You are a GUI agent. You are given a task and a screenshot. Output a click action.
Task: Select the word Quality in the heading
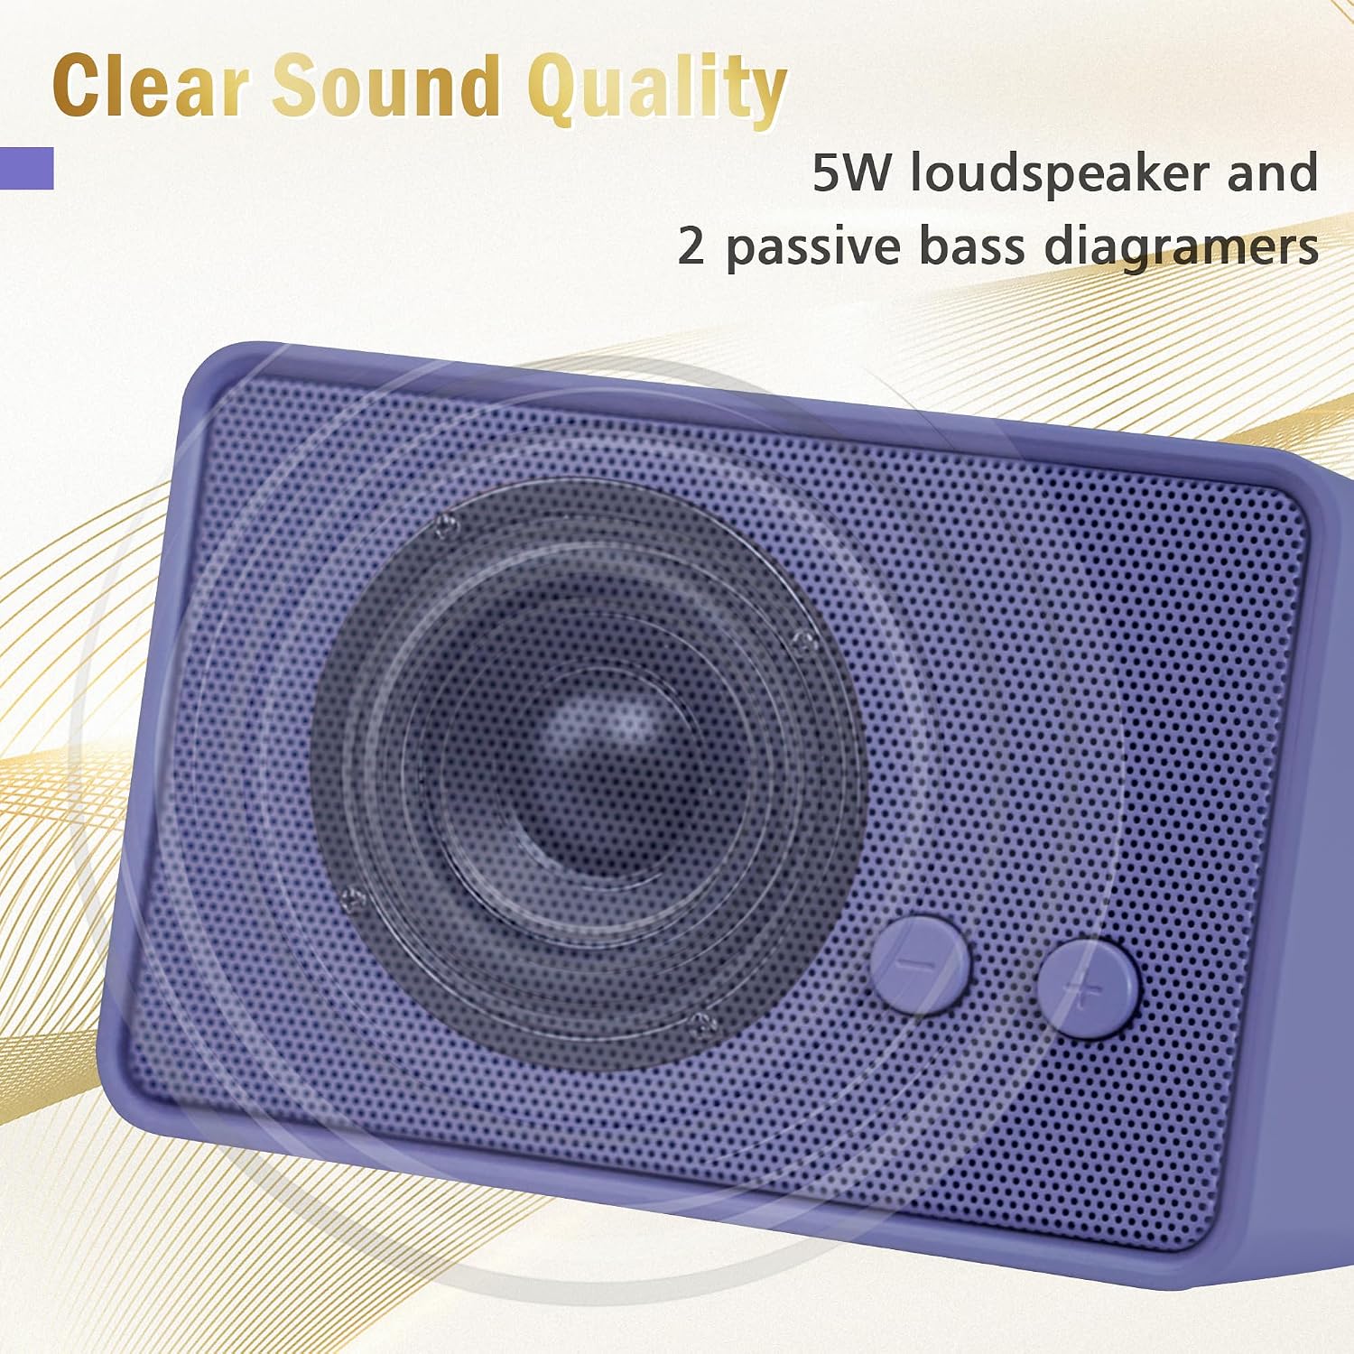(657, 90)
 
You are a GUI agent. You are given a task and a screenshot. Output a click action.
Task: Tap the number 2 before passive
(691, 246)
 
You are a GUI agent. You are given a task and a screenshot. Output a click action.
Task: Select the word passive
(811, 249)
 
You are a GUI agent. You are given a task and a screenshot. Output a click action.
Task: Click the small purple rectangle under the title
(27, 168)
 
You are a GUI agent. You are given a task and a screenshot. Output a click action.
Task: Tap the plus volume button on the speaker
(1087, 988)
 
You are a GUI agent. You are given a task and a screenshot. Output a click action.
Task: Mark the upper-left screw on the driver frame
(441, 525)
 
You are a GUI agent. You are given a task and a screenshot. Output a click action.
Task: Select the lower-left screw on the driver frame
(354, 899)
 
